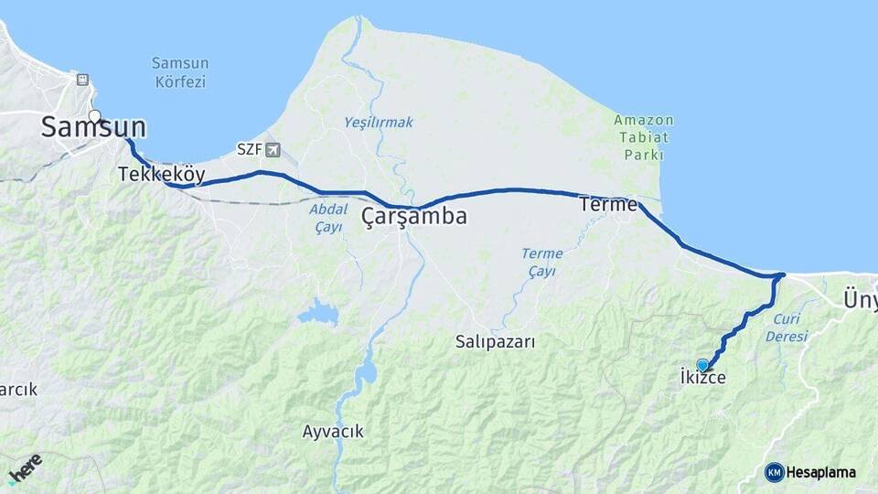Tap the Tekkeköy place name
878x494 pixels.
tap(161, 174)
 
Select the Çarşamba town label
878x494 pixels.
tap(414, 217)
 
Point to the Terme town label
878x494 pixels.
tap(608, 205)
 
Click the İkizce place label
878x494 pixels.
tap(702, 376)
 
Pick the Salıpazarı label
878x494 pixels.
tap(495, 341)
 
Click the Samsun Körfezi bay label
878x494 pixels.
tap(180, 72)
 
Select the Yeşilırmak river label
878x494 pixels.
tap(379, 122)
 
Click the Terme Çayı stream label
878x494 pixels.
tap(541, 262)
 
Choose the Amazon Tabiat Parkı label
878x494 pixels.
tap(644, 137)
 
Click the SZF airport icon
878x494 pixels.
tap(272, 149)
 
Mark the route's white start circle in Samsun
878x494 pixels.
tap(94, 116)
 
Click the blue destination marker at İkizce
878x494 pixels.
tap(702, 364)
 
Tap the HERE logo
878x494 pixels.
tap(25, 467)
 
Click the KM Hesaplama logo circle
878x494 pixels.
tap(775, 472)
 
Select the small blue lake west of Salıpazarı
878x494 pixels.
tap(317, 314)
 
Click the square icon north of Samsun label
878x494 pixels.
tap(83, 80)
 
